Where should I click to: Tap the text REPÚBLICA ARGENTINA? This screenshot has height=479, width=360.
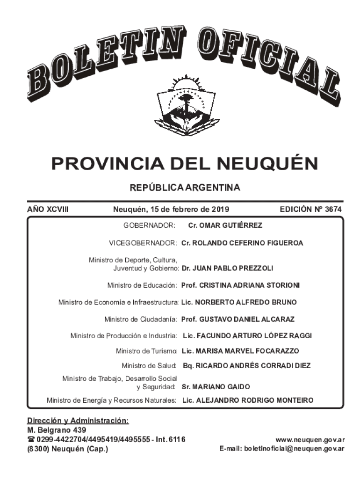coord(185,188)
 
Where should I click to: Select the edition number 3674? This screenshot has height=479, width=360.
coord(333,210)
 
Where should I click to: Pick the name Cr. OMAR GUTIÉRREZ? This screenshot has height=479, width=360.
coord(225,225)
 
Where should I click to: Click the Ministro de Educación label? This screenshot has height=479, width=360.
coord(142,285)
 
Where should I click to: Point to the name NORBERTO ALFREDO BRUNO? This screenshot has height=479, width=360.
coord(245,302)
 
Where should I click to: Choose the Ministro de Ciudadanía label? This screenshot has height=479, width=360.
coord(140,319)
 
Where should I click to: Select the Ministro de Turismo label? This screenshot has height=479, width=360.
coord(146,351)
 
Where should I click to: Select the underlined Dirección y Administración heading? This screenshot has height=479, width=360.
coord(78,421)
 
